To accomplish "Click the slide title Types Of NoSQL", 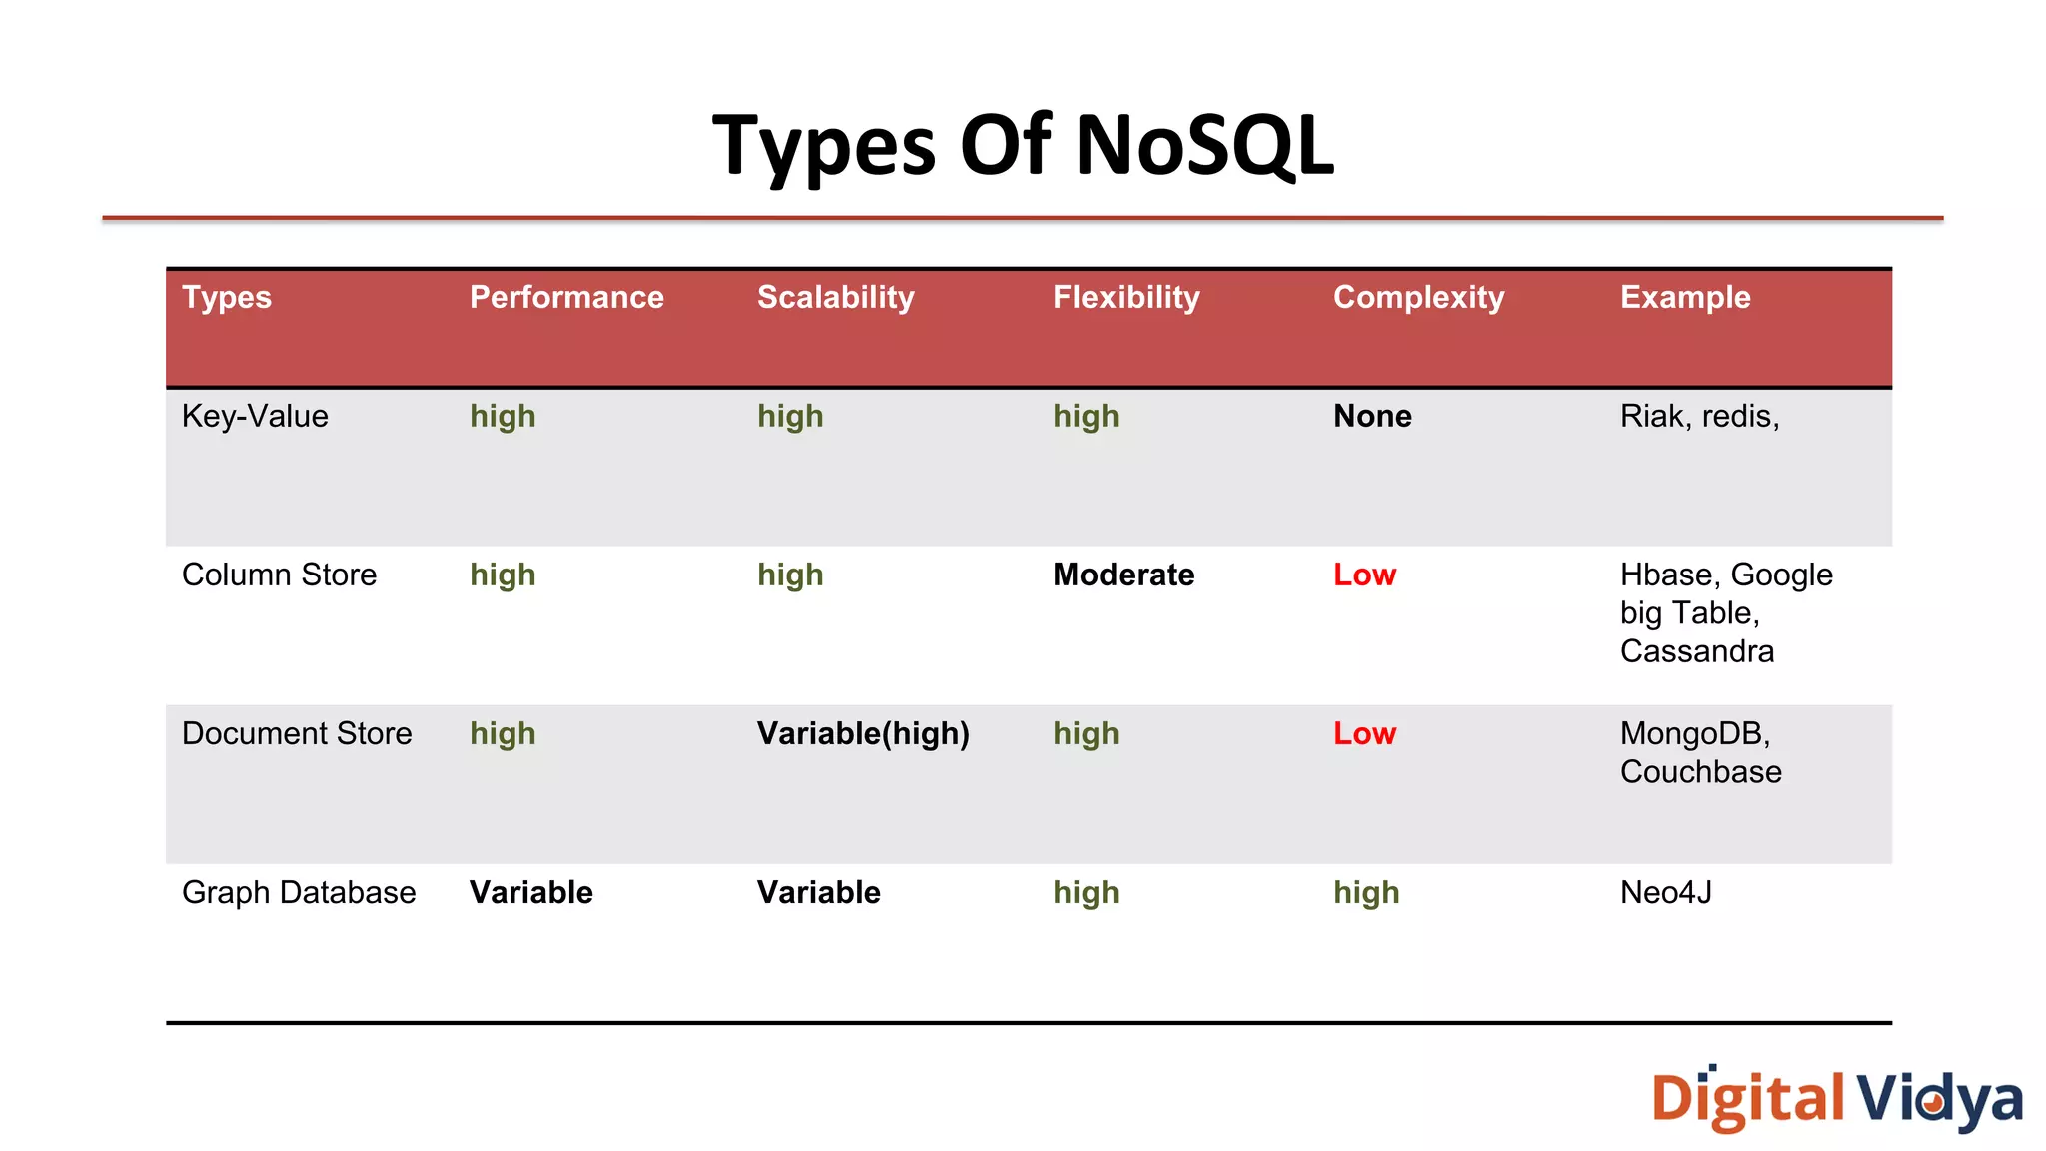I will (x=1022, y=145).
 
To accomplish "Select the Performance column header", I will (x=566, y=297).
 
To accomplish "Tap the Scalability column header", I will (x=835, y=297).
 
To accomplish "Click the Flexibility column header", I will (x=1126, y=297).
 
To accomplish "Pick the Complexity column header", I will (x=1418, y=297).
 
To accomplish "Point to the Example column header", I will (x=1685, y=297).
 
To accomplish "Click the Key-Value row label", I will (x=255, y=416).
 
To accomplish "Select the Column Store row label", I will (x=279, y=575).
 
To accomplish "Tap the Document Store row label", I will (x=297, y=733).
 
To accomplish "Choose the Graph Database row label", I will (x=299, y=892).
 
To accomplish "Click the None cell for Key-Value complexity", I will (x=1372, y=416).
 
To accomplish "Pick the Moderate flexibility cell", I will (x=1123, y=575).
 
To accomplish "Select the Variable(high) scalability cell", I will (x=863, y=733).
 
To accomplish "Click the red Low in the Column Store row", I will (x=1364, y=575).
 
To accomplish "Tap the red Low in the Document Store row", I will (x=1364, y=733).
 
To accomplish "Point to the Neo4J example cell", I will (x=1665, y=892).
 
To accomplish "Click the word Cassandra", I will (x=1697, y=651).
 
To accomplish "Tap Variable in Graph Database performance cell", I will (x=530, y=892).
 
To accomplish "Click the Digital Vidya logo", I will (x=1836, y=1098).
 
